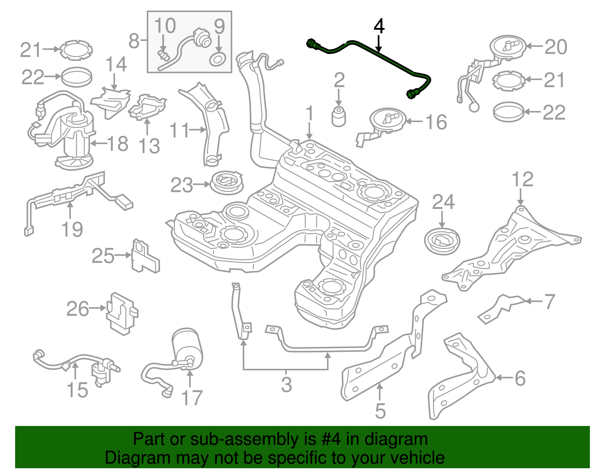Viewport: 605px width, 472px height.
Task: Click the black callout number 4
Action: pos(379,26)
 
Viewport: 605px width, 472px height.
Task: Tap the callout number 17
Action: pos(192,398)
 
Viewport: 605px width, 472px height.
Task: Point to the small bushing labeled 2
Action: pos(339,116)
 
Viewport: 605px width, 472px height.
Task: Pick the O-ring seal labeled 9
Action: pos(218,60)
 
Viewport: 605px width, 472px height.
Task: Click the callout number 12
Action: pos(522,180)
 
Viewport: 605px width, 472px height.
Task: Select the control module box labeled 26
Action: pos(122,313)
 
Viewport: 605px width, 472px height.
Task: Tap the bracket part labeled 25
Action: pos(144,257)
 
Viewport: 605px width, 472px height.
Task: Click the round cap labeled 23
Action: pos(226,183)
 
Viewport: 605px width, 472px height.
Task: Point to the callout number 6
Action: pos(520,378)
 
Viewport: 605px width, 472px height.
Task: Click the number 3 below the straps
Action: pos(286,384)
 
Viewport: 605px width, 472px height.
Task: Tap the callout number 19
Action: pos(72,229)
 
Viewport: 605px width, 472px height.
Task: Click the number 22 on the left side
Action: pos(33,77)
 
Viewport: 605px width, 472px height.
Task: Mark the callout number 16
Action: pos(436,122)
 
